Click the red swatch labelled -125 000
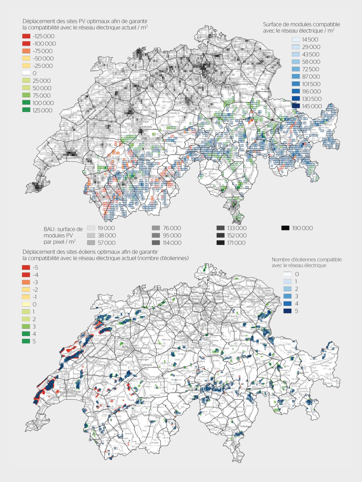tap(26, 36)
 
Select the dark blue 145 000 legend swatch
tap(296, 106)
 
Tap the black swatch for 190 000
tap(285, 228)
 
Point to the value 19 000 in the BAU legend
tap(106, 228)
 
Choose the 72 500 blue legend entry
tap(296, 69)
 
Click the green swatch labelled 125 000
tap(26, 110)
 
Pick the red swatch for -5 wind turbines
tap(26, 267)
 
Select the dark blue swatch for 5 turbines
tap(287, 311)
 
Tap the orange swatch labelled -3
tap(26, 282)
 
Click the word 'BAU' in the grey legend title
tap(49, 229)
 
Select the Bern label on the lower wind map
tap(125, 346)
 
